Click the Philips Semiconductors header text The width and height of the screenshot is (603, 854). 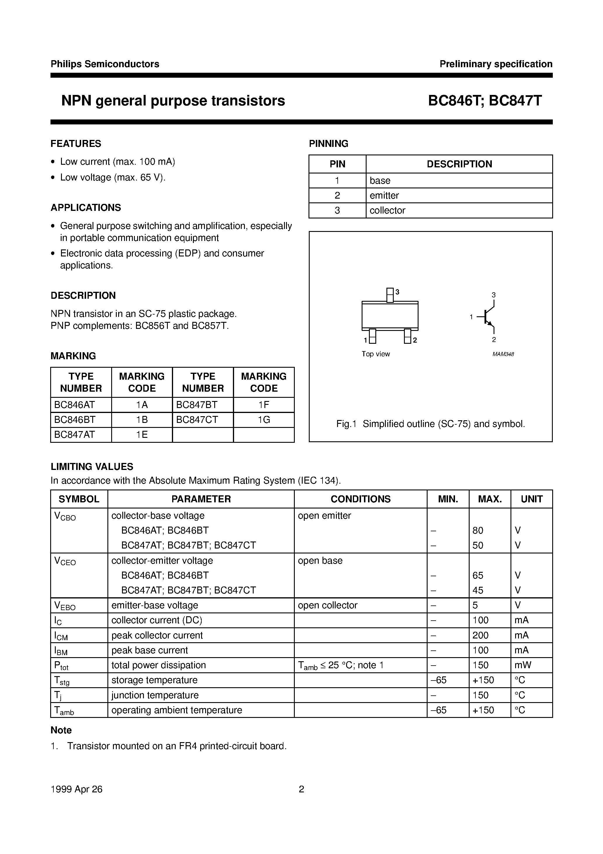[x=105, y=64]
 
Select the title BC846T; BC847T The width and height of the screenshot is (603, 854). [x=485, y=101]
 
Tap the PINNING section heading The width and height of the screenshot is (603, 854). [x=328, y=144]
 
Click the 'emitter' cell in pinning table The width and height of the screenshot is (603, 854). [x=384, y=195]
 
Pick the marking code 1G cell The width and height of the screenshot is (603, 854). [x=264, y=420]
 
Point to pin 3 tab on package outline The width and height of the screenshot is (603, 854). [x=390, y=295]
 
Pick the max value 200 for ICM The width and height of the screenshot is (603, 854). [x=480, y=635]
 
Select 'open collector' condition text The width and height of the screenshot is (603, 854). [x=327, y=605]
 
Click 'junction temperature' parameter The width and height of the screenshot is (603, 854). [x=155, y=695]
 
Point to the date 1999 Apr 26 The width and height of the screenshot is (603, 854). [x=76, y=789]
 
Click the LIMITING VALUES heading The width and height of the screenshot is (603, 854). [x=92, y=466]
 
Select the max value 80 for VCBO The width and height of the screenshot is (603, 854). [x=478, y=530]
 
